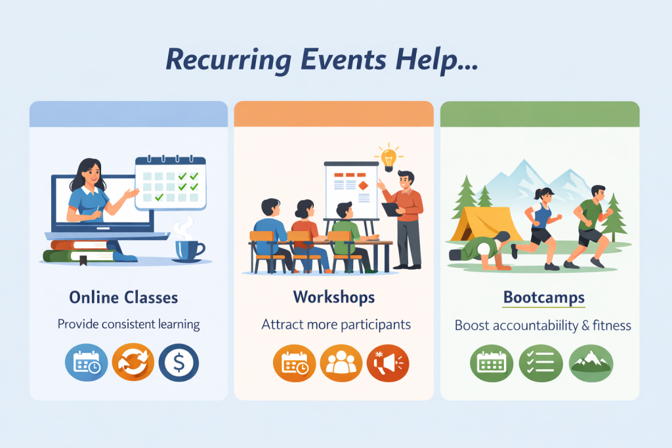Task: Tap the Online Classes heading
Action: tap(123, 297)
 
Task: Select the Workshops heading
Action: tap(334, 297)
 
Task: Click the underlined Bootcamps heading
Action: tap(543, 297)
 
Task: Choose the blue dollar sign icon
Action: tap(178, 363)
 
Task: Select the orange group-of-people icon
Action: tap(341, 363)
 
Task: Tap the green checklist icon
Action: tap(540, 363)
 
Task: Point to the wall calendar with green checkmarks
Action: tap(170, 182)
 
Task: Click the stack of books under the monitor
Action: tap(76, 253)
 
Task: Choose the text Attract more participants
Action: tap(336, 324)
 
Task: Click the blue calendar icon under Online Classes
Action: tap(85, 363)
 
